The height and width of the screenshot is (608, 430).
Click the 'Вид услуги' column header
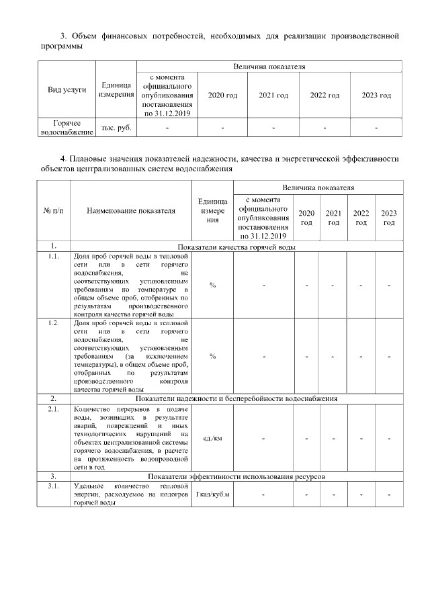67,90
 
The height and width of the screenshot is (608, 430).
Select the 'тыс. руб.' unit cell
116,127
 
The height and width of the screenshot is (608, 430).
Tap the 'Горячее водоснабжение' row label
67,128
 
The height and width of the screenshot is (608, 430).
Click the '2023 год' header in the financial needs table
376,96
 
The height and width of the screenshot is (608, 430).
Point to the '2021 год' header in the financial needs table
273,96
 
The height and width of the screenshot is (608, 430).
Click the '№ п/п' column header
53,210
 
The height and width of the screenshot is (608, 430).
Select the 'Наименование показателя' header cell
131,210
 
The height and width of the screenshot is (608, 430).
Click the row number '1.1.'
53,257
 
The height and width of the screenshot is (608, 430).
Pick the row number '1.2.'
53,323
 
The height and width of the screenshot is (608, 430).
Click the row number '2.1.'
53,408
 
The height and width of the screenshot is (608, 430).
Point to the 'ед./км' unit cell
212,438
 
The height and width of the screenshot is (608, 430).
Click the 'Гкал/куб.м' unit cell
212,495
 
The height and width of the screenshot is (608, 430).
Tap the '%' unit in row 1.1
212,286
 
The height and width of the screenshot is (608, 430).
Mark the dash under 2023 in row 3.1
389,495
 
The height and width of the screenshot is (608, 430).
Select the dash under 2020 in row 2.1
306,438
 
